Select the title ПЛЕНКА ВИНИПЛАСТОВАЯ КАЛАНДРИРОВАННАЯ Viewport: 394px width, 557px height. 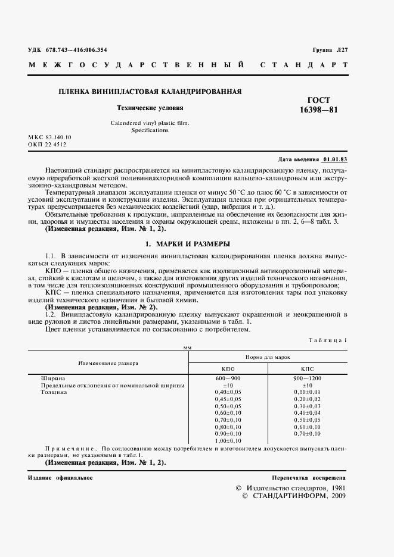(x=150, y=92)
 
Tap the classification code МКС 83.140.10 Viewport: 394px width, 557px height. (x=49, y=137)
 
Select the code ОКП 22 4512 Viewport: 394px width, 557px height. (x=47, y=144)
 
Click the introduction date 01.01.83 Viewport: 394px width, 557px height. (x=335, y=160)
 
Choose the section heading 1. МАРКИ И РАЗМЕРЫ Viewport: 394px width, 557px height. (x=187, y=244)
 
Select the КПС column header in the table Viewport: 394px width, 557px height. (x=307, y=368)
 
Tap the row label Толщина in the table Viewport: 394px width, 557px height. (x=54, y=392)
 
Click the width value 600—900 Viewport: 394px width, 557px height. (x=228, y=378)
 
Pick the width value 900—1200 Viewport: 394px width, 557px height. (x=307, y=378)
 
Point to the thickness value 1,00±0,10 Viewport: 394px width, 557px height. (x=228, y=441)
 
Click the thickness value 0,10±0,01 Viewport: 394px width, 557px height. (x=307, y=392)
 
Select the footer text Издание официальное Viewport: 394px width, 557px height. (x=60, y=478)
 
